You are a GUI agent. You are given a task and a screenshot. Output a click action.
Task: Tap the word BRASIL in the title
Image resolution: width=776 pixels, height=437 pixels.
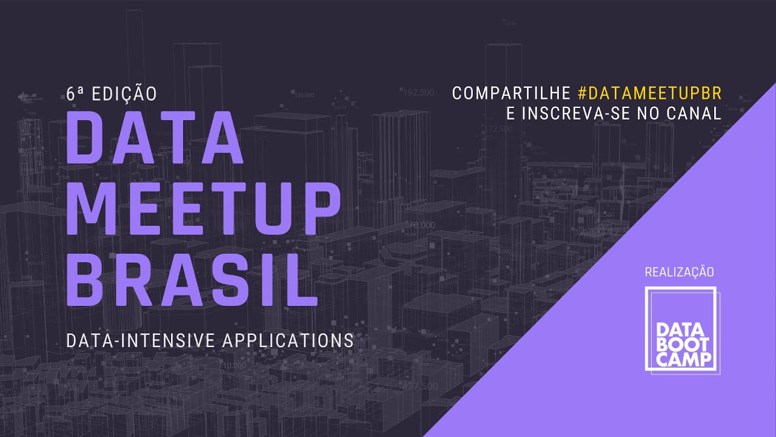coord(191,279)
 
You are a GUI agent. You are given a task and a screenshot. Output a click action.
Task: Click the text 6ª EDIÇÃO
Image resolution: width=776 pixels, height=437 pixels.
coord(112,93)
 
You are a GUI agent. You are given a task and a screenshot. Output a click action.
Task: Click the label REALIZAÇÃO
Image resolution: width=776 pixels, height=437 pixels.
coord(680,272)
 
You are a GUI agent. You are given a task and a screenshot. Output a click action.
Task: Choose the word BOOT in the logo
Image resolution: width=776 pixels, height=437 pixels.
coord(681,345)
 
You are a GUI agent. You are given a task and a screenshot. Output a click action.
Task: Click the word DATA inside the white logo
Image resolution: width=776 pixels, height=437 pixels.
coord(681,330)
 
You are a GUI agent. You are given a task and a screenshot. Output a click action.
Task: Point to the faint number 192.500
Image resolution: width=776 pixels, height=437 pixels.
coord(418,93)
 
